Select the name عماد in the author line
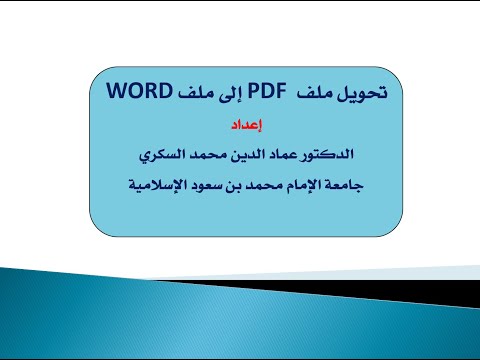[x=285, y=157]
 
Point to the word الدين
[x=246, y=157]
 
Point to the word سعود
[x=199, y=185]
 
